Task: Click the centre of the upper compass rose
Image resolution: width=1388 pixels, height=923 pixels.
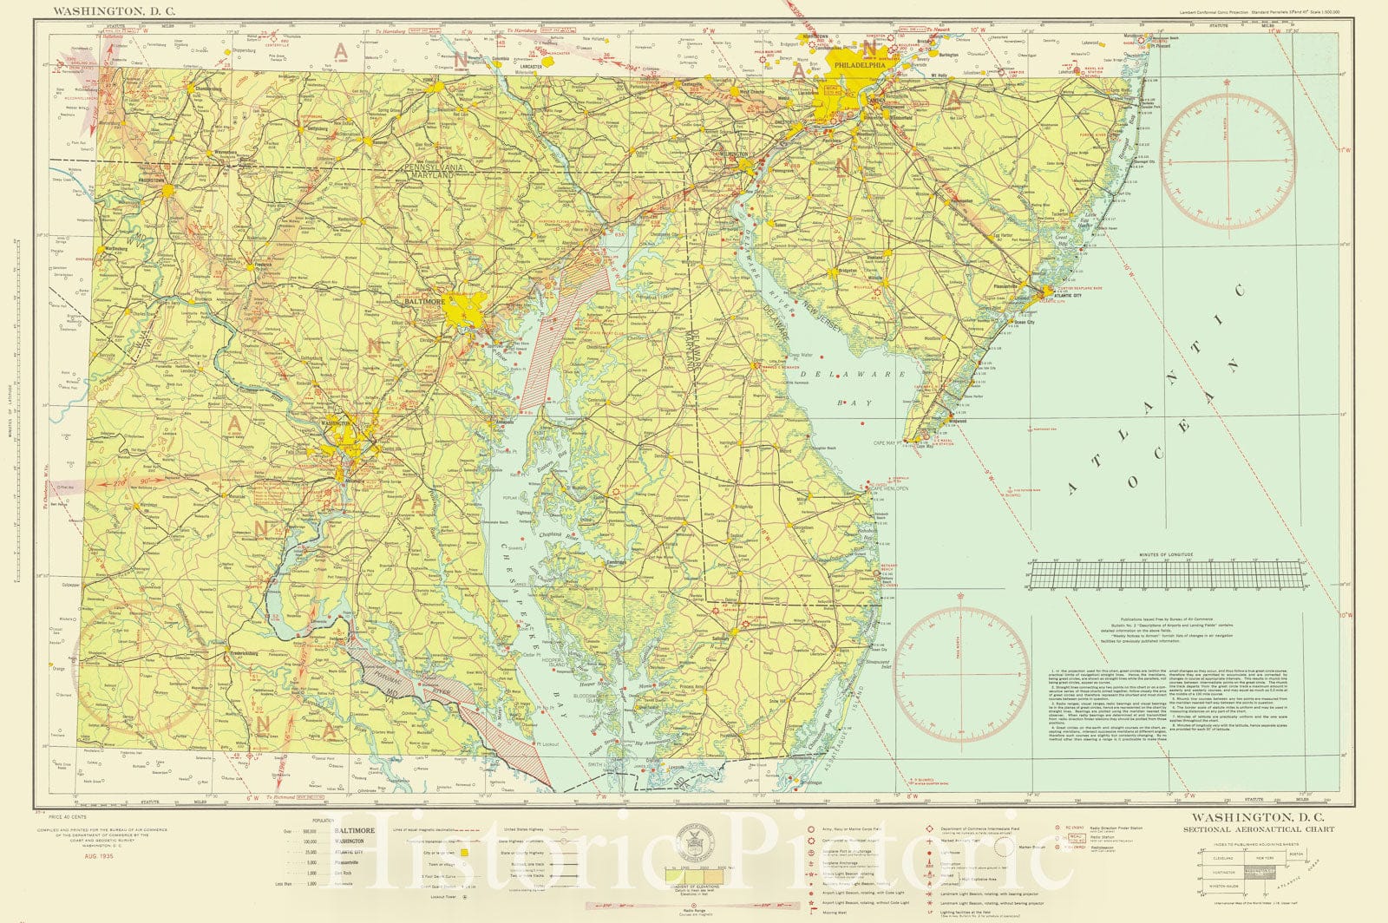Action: coord(1228,162)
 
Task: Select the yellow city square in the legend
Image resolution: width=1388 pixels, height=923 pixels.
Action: coord(464,854)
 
